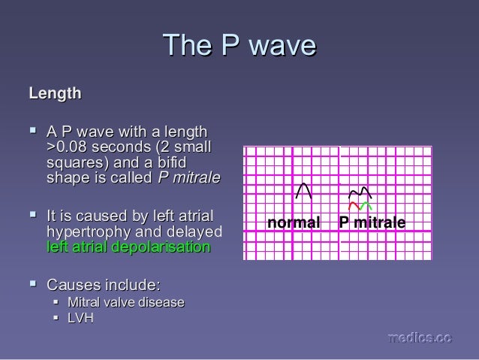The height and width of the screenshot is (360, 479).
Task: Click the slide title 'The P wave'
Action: [239, 46]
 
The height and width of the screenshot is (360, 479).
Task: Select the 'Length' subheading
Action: [55, 95]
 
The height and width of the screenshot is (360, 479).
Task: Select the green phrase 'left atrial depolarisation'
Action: [128, 247]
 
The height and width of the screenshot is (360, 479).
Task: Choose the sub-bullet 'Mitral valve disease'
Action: [125, 302]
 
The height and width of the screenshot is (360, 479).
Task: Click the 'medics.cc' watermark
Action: [419, 339]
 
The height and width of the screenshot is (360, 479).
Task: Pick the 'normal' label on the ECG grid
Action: [294, 223]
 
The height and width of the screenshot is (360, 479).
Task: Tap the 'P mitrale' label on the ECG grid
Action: [372, 223]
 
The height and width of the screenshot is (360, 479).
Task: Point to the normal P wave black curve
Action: [304, 191]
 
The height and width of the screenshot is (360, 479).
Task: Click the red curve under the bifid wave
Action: [354, 205]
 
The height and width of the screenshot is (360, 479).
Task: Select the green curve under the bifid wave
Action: [366, 205]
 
